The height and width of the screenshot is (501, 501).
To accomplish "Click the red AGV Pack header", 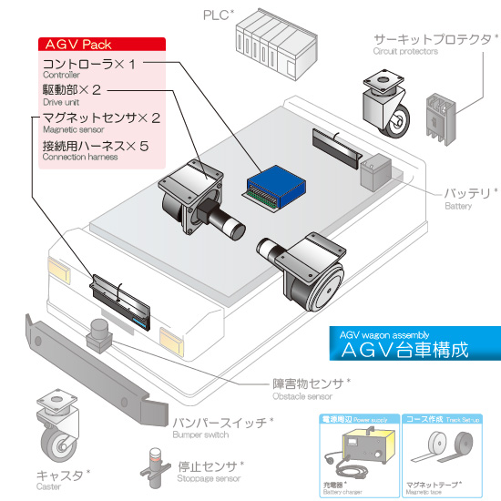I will point(99,44).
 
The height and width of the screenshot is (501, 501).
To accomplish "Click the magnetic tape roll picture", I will point(446,450).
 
